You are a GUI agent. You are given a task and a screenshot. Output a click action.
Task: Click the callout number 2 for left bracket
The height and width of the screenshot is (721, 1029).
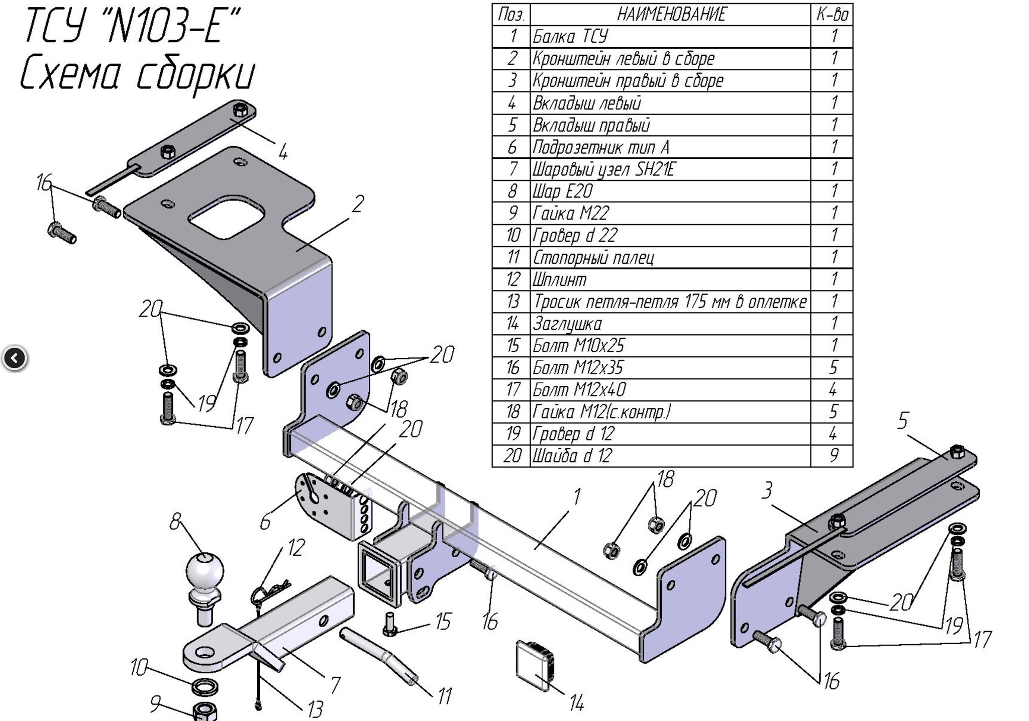(357, 204)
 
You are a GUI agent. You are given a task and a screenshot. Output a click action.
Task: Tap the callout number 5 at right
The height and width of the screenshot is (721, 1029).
(903, 421)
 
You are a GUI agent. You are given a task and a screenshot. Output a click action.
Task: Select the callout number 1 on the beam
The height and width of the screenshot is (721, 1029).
(576, 497)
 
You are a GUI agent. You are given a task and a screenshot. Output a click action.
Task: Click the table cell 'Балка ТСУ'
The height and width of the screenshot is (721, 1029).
(570, 37)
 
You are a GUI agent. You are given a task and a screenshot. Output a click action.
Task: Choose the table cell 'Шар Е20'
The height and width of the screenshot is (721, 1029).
(563, 191)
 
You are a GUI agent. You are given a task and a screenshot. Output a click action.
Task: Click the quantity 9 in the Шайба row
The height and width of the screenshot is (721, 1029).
(833, 456)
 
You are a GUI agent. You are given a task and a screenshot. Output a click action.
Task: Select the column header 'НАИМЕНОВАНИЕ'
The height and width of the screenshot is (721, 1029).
(671, 15)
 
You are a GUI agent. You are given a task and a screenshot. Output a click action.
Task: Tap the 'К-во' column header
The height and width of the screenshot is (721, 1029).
(832, 15)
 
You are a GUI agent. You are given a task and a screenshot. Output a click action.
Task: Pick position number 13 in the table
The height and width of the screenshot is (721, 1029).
(512, 301)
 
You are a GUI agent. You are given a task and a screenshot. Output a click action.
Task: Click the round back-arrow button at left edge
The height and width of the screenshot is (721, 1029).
(15, 358)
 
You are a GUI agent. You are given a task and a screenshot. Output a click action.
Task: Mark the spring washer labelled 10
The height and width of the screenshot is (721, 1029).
(204, 685)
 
